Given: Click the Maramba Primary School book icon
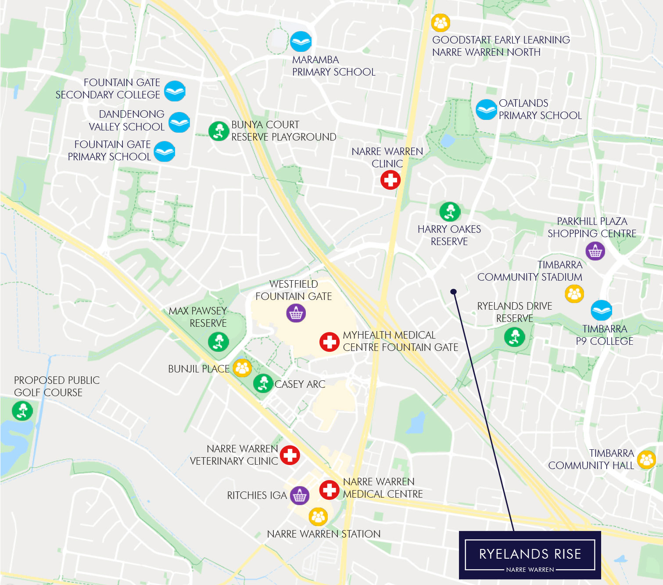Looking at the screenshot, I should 301,42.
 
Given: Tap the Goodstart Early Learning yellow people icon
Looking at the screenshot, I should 441,23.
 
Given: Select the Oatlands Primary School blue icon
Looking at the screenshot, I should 486,109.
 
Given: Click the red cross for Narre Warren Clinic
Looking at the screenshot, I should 390,180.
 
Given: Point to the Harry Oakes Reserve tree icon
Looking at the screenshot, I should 450,212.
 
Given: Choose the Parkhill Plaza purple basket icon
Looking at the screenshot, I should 595,251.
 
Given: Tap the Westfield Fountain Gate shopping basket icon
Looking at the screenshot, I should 296,313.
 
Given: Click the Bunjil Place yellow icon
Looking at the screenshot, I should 242,368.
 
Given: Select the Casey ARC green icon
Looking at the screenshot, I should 263,383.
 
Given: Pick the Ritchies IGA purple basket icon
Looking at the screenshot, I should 299,496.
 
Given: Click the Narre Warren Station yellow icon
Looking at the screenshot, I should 318,516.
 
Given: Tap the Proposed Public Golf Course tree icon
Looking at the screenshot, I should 22,411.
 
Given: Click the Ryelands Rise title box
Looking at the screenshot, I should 530,555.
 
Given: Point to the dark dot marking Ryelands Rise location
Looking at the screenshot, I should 454,292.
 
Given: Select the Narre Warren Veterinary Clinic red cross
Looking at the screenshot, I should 290,455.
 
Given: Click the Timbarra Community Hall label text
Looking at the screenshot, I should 591,459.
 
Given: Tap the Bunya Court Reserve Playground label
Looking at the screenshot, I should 283,131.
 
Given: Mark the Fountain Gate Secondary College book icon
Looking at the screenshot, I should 175,91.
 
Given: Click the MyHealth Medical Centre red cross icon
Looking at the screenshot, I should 329,342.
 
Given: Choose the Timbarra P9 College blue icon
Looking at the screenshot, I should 601,311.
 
